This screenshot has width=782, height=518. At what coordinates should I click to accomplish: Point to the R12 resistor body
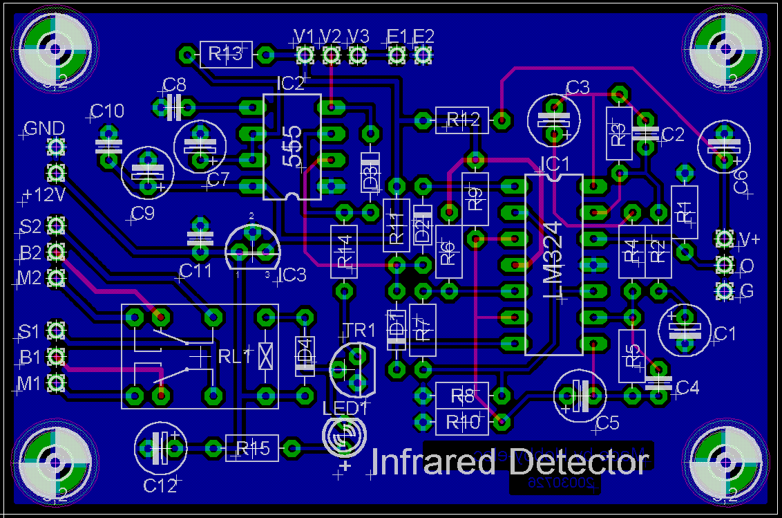tap(462, 120)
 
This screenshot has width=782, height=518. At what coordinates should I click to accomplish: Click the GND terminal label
tap(44, 129)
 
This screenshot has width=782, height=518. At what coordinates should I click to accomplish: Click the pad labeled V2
tap(332, 53)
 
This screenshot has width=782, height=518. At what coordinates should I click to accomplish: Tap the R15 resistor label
tap(252, 448)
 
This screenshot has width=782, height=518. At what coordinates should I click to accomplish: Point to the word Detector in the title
tap(578, 462)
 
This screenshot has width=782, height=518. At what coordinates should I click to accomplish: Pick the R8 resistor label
tap(462, 396)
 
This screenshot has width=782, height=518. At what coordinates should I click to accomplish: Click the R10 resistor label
tap(462, 421)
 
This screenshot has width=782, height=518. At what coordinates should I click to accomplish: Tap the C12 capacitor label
tap(160, 486)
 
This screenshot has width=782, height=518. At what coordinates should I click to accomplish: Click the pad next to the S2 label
tap(56, 225)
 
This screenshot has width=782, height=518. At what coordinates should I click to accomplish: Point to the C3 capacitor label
tap(578, 88)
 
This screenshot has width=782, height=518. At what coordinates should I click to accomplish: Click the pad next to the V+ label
tap(725, 239)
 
